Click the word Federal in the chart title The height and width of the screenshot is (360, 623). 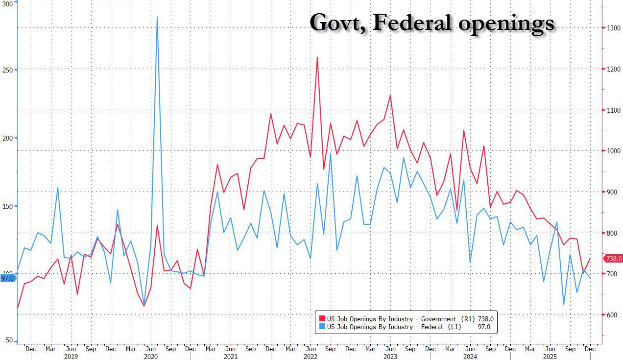coord(409,23)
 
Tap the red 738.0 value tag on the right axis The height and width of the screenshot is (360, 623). coord(614,259)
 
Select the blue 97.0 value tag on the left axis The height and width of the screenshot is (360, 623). coord(8,278)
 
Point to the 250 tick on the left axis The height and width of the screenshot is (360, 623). coord(7,70)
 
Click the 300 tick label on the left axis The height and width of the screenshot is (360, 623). coord(7,2)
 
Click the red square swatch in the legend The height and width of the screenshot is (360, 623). coord(322,318)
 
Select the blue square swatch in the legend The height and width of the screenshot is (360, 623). coord(322,327)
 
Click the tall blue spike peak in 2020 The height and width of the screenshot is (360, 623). coord(157,17)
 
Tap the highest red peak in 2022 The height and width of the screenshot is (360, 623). coord(317,57)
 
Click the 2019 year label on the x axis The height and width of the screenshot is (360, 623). coord(71,357)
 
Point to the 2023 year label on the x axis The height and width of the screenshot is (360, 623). coord(390,357)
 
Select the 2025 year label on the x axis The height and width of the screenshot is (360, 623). coord(550,357)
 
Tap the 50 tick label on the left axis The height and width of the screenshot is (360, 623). coord(9,340)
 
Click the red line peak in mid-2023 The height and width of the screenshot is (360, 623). coord(390,96)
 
